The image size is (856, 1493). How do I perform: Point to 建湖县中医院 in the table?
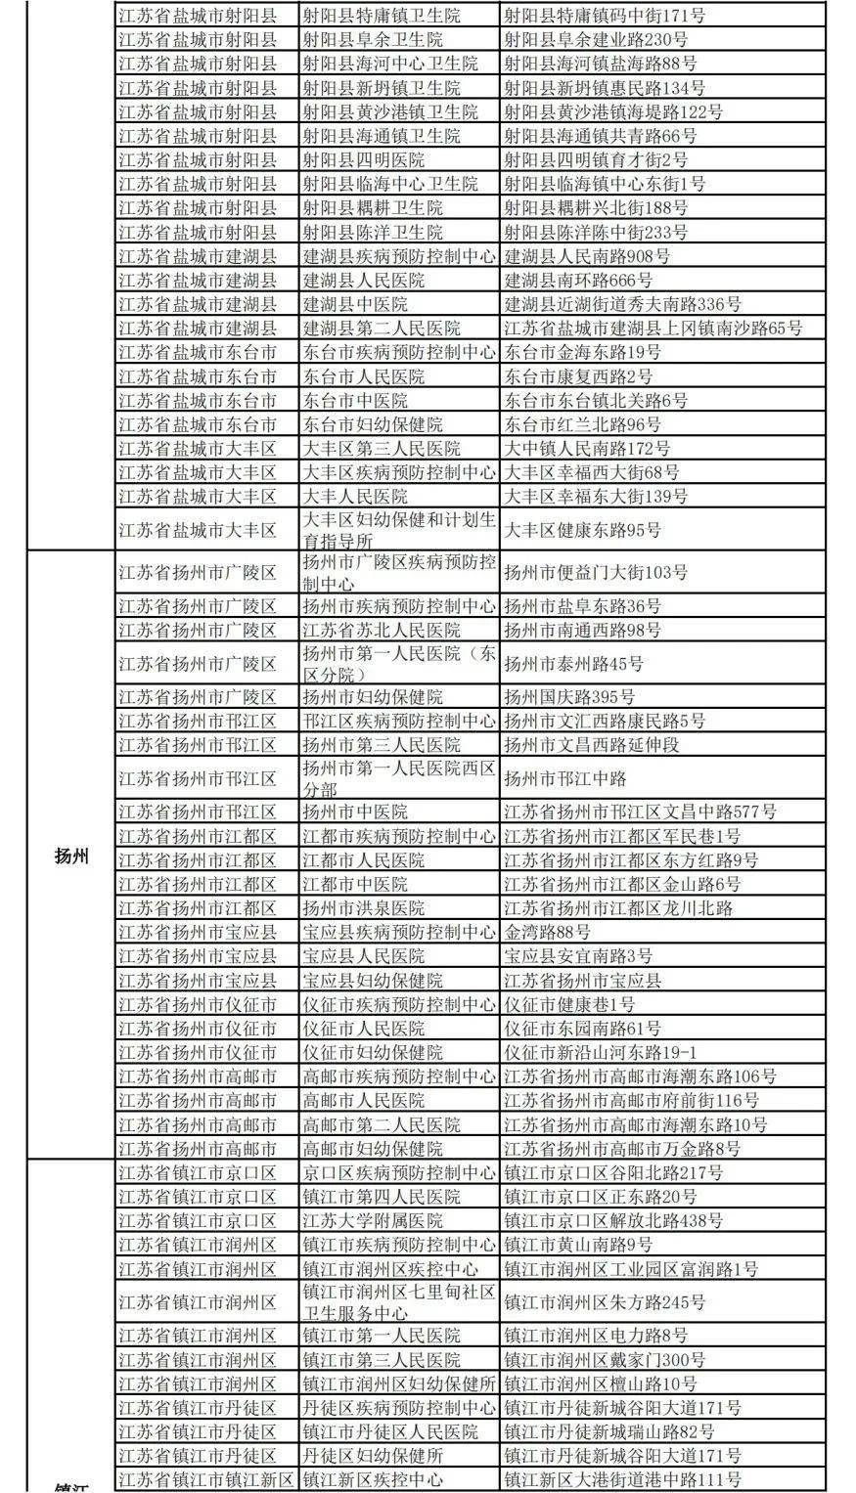[354, 304]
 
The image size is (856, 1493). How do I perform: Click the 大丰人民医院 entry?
[354, 496]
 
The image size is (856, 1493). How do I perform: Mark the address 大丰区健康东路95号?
[582, 531]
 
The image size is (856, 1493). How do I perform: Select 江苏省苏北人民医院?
[381, 631]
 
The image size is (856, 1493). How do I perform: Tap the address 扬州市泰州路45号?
[573, 664]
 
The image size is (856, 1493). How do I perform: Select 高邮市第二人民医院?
[381, 1125]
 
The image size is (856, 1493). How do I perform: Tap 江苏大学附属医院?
[372, 1221]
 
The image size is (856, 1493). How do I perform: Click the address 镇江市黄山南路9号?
[577, 1245]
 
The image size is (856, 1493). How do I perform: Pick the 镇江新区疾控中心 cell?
[372, 1480]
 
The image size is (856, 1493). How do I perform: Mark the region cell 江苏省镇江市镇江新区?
[205, 1480]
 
